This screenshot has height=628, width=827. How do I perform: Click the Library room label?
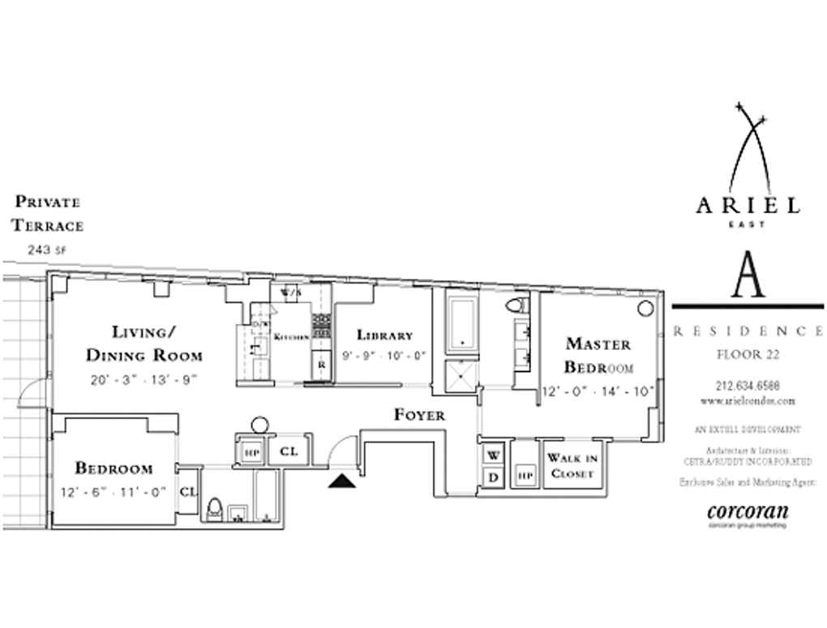(384, 335)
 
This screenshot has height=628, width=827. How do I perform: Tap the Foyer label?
(419, 415)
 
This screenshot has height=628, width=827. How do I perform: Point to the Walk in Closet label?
(572, 466)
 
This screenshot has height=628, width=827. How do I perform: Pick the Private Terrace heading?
(48, 213)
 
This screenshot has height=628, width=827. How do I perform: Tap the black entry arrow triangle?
(342, 481)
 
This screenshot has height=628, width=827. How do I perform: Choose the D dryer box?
(493, 476)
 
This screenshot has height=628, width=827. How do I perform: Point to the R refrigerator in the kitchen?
(321, 365)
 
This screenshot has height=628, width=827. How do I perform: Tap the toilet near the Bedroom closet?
(215, 509)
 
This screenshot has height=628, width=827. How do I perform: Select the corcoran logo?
(748, 513)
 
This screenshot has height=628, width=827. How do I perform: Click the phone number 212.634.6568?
(748, 386)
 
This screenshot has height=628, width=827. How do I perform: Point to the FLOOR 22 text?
(748, 354)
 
